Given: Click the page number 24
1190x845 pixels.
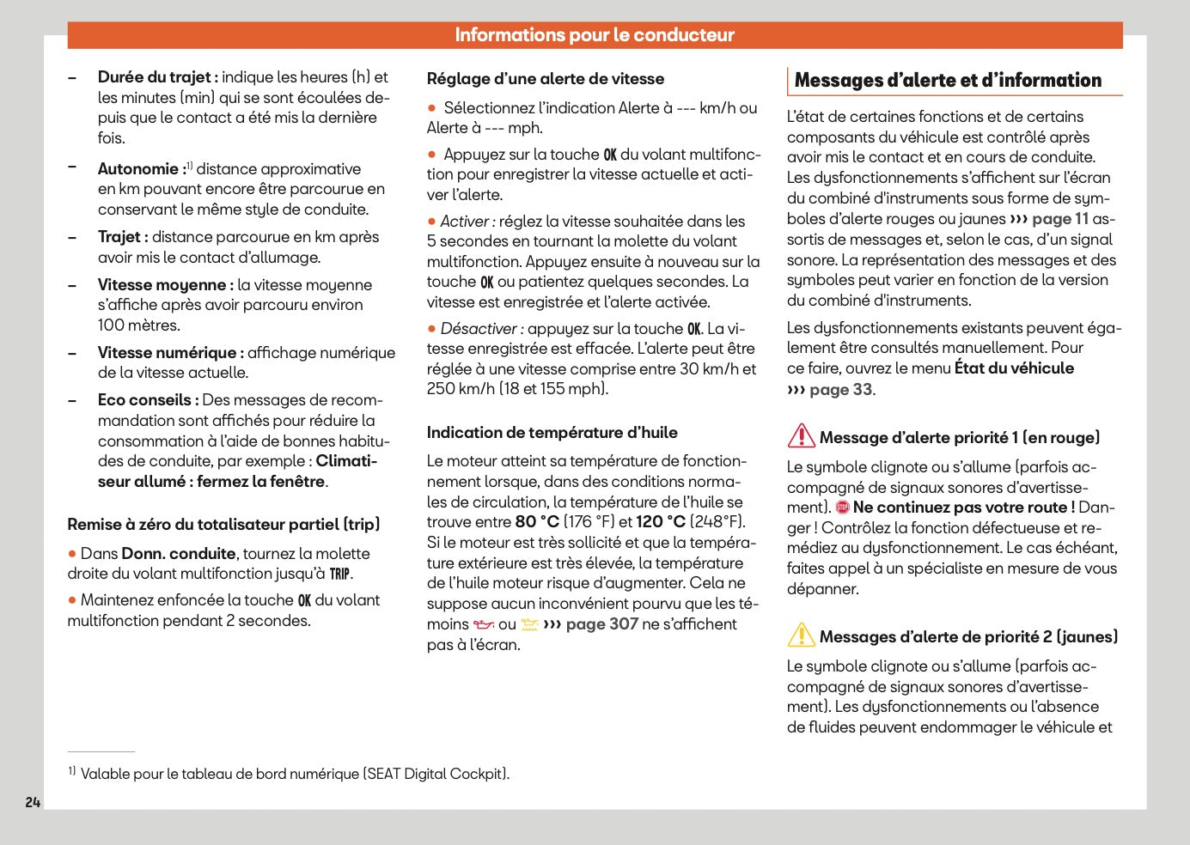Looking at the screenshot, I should click(33, 802).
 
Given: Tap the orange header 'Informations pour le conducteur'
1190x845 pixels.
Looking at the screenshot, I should click(595, 35).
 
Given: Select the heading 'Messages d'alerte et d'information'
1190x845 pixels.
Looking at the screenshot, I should click(948, 81).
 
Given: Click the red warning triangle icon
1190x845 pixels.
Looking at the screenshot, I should click(801, 436).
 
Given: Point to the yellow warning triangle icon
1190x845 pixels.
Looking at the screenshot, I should click(801, 635).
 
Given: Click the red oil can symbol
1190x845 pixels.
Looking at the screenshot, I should click(484, 625).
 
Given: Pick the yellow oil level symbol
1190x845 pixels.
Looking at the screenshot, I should click(529, 625).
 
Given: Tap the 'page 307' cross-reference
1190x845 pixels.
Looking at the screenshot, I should click(601, 624).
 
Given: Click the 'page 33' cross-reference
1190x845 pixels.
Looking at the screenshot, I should click(840, 389).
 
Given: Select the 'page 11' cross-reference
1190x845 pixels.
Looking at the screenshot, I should click(1059, 219).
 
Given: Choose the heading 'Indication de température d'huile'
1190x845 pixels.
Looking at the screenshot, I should click(552, 433).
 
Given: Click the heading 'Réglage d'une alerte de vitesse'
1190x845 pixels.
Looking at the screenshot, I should click(546, 79).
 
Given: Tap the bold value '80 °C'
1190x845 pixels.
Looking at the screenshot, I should click(537, 522).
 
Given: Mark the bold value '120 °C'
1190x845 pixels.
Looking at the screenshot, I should click(661, 522).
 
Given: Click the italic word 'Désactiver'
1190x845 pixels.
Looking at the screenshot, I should click(479, 329).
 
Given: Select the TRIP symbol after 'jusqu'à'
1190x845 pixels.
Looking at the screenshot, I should click(340, 574).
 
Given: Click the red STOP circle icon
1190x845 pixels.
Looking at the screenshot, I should click(843, 508).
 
